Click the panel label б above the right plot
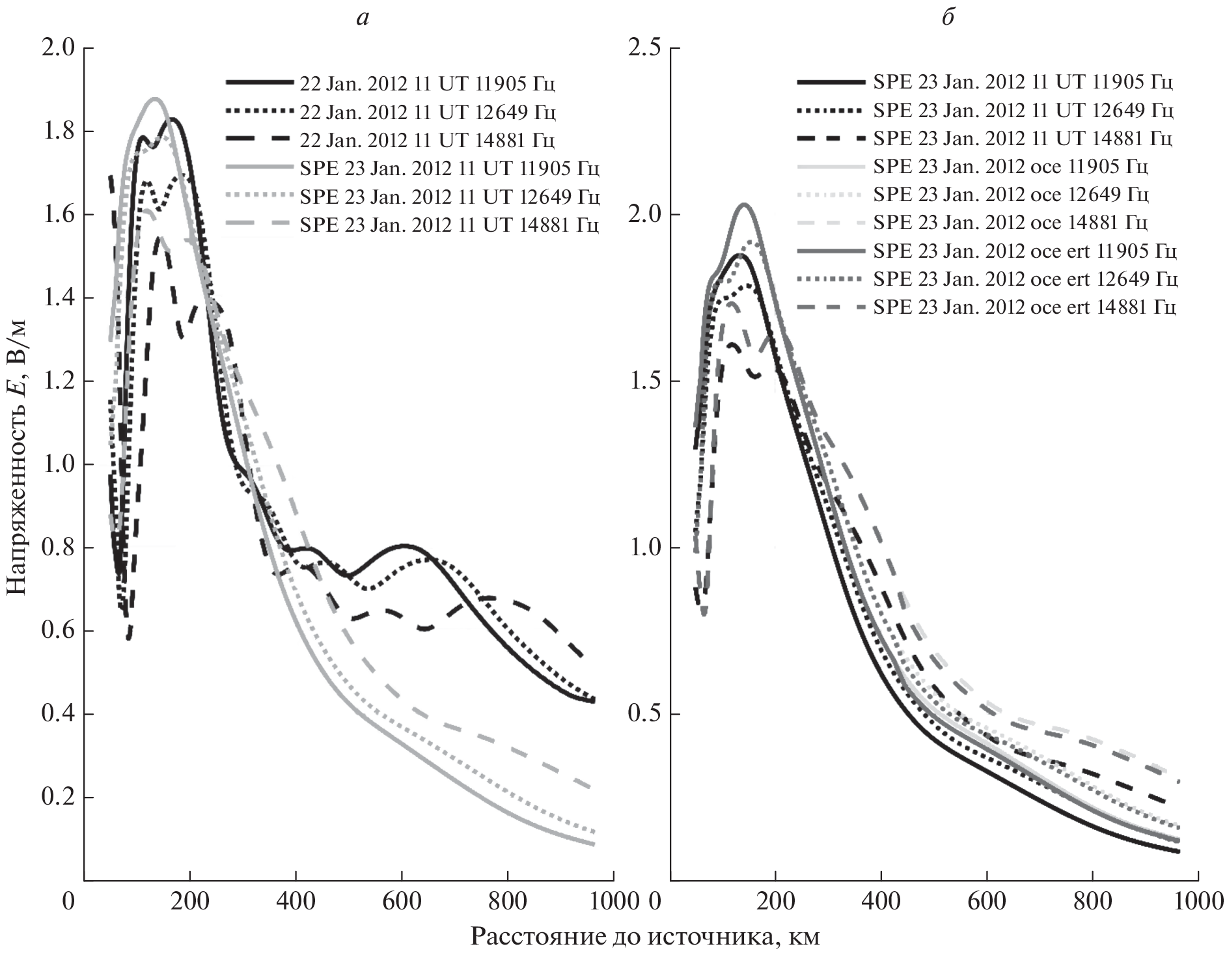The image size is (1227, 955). (x=948, y=17)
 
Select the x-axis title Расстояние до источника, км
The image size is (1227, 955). (x=644, y=937)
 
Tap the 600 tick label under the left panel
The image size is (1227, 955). (x=402, y=902)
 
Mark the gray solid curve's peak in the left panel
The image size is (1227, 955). (x=155, y=99)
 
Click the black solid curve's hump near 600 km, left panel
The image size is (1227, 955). (x=404, y=546)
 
